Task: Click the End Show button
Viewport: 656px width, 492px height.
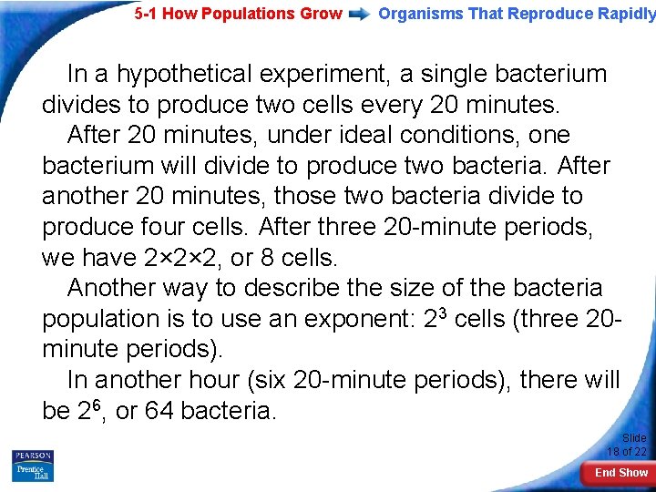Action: (620, 473)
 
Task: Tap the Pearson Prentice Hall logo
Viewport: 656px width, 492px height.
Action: (33, 466)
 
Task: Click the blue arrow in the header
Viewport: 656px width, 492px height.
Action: (360, 14)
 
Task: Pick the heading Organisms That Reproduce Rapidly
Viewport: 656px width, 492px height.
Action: (516, 14)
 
